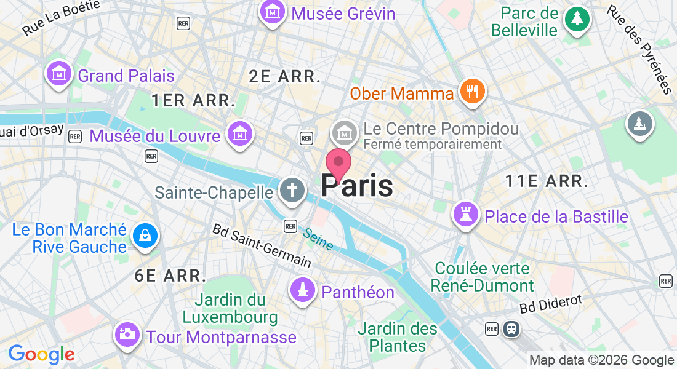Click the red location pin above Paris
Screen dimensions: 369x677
click(338, 163)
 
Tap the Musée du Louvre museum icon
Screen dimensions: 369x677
click(239, 133)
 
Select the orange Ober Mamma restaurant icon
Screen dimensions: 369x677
click(473, 92)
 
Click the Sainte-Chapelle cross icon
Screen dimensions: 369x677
click(291, 190)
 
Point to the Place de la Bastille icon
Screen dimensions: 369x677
click(466, 215)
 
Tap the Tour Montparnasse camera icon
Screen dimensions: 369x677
click(127, 335)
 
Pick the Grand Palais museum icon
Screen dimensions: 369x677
click(58, 74)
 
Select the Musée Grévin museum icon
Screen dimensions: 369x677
click(271, 12)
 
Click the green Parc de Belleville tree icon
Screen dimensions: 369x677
click(577, 18)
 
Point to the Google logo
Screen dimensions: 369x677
click(41, 354)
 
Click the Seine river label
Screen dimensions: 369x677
click(318, 239)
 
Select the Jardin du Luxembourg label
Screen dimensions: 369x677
click(230, 309)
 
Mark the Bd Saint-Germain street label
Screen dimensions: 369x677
click(261, 245)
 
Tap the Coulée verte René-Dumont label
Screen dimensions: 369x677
click(483, 277)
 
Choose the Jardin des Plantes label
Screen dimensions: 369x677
click(398, 337)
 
